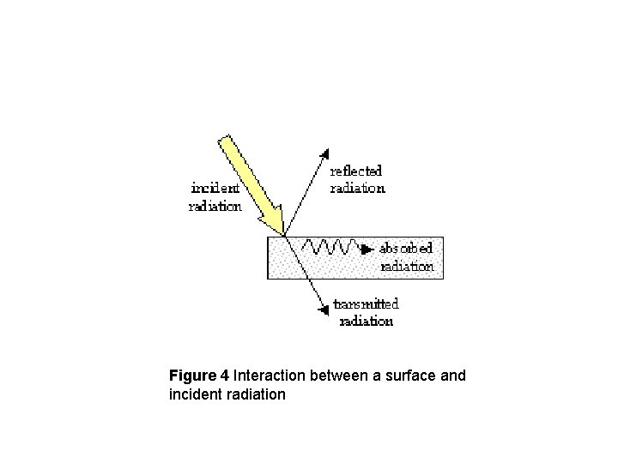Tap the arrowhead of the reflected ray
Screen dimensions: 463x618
pyautogui.click(x=324, y=154)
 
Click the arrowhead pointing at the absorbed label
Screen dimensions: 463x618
pyautogui.click(x=368, y=250)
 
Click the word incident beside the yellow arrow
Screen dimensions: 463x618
pyautogui.click(x=215, y=188)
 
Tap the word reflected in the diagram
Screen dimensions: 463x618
pyautogui.click(x=356, y=171)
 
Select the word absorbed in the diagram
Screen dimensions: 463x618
pyautogui.click(x=406, y=249)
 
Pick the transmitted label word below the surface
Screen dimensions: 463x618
pyautogui.click(x=367, y=304)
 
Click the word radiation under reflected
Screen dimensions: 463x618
pyautogui.click(x=358, y=188)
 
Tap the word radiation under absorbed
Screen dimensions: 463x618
pyautogui.click(x=407, y=266)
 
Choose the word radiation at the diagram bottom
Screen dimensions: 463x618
pyautogui.click(x=367, y=321)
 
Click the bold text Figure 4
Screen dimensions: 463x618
pyautogui.click(x=199, y=376)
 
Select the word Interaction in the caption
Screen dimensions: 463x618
pyautogui.click(x=269, y=376)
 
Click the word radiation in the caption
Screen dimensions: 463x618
pyautogui.click(x=255, y=394)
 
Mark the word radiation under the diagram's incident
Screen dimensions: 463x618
pyautogui.click(x=215, y=206)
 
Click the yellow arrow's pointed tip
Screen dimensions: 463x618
pyautogui.click(x=284, y=234)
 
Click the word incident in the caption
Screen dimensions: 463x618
pyautogui.click(x=194, y=394)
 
